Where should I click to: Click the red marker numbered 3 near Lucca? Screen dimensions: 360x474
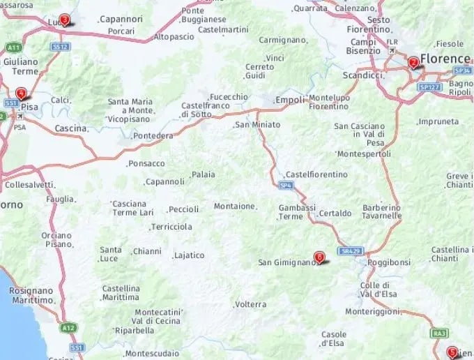(x=65, y=20)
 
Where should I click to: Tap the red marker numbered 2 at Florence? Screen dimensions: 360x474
(x=413, y=63)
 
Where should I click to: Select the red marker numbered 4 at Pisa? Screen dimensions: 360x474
(x=22, y=93)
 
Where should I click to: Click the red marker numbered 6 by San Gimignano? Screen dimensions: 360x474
(x=319, y=257)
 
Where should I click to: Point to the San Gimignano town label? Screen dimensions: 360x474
(x=286, y=263)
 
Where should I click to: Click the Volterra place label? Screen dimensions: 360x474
(x=251, y=304)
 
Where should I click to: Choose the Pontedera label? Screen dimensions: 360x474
(x=153, y=135)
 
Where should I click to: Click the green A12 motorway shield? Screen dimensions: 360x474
(x=68, y=327)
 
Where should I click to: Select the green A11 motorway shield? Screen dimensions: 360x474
(x=13, y=47)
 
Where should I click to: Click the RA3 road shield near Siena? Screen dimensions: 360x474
(x=439, y=333)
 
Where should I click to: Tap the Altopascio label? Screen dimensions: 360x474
(x=174, y=36)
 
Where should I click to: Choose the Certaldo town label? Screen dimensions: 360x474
(x=335, y=213)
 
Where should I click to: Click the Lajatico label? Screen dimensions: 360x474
(x=189, y=255)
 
